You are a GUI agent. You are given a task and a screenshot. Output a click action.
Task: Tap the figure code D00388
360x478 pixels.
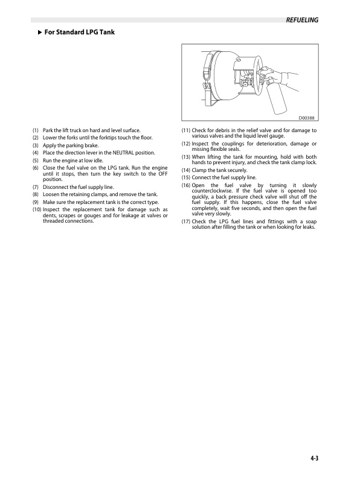308,118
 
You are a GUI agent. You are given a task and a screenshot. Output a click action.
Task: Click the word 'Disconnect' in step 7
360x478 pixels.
57,187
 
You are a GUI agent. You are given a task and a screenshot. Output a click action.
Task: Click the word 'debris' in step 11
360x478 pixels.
223,130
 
